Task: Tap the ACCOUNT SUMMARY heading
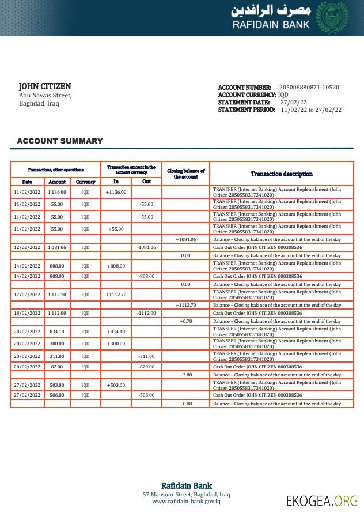60,141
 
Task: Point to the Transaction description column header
282,174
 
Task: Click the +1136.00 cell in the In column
116,192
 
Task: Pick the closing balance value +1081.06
185,239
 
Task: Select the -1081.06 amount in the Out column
146,247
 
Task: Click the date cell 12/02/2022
26,247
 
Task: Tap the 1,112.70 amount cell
57,295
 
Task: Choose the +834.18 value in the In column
116,332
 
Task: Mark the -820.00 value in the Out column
146,367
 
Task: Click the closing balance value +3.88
185,375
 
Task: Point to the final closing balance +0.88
185,404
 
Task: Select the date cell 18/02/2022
26,313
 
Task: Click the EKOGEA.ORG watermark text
322,500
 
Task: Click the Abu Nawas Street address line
45,96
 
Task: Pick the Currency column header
85,182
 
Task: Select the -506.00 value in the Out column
146,395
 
